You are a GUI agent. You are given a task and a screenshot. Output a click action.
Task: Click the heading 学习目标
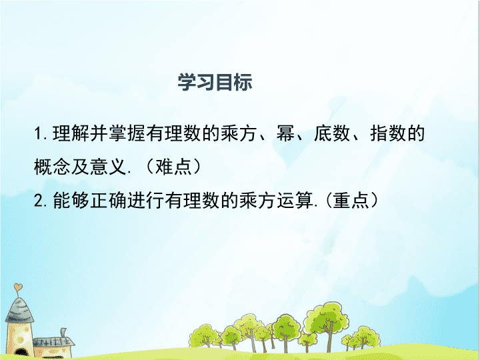tap(215, 82)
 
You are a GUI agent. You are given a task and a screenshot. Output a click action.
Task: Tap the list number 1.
tap(38, 134)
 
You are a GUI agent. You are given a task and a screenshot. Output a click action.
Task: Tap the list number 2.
tap(39, 201)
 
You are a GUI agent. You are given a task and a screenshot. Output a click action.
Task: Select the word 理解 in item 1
tap(71, 133)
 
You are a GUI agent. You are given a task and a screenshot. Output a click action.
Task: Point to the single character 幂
tap(285, 133)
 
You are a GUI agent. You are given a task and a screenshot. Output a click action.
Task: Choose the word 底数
tap(332, 133)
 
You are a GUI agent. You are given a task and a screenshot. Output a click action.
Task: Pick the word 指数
tap(388, 133)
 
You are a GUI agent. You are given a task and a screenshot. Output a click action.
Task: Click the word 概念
tap(53, 167)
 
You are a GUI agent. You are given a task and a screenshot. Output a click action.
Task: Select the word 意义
tap(109, 167)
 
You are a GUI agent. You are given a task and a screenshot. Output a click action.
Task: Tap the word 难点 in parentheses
tap(173, 167)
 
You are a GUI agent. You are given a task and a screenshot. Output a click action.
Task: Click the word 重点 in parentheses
tap(351, 201)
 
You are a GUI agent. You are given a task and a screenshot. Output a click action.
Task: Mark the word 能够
tap(71, 201)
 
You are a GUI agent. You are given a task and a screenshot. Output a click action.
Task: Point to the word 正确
tap(109, 201)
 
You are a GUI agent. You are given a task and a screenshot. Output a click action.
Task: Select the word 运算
tap(295, 201)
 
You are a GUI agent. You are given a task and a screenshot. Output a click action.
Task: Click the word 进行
tap(146, 201)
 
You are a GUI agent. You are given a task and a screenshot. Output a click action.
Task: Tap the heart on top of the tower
tap(18, 287)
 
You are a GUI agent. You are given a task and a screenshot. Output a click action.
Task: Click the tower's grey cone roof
tap(19, 310)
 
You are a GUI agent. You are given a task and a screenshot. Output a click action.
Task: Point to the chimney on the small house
tap(63, 333)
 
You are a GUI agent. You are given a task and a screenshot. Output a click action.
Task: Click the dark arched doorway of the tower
tap(21, 353)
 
